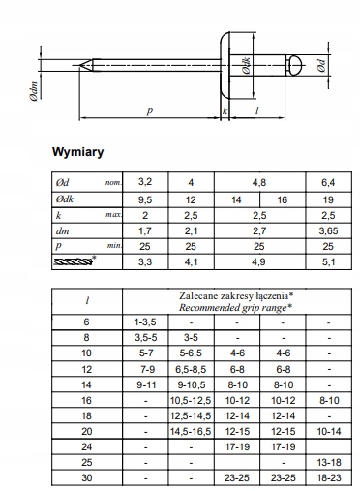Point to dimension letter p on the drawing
[151, 110]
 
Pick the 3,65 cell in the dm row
[322, 231]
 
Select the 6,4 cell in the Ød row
[322, 181]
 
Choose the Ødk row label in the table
[62, 198]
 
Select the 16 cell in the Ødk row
[282, 198]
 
